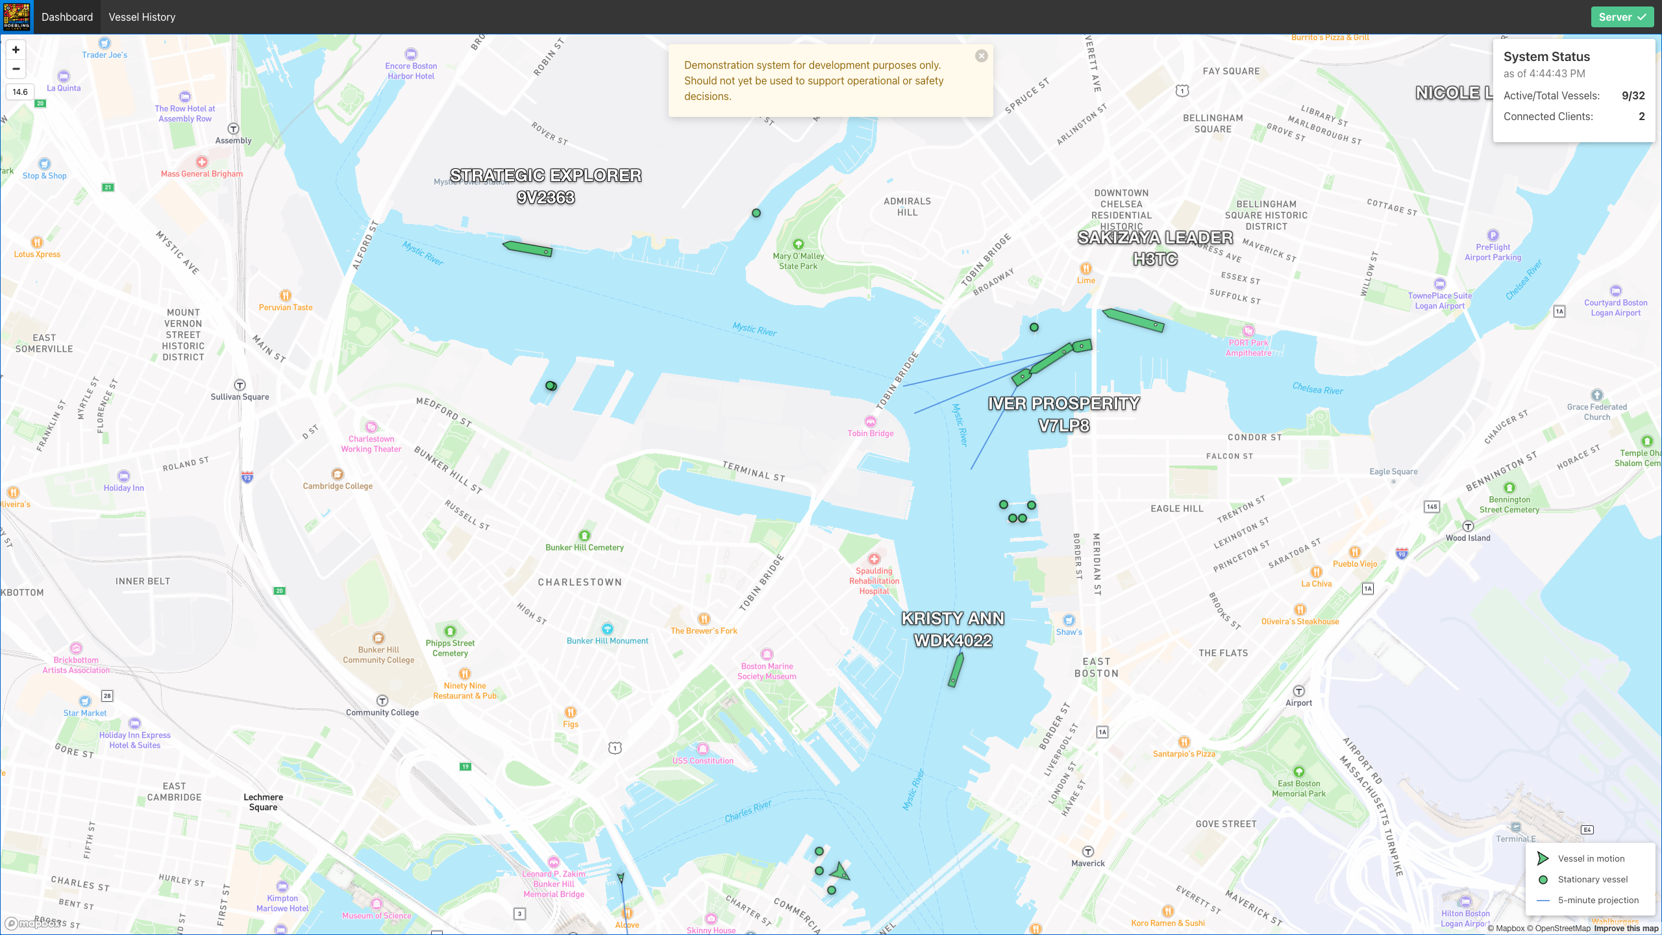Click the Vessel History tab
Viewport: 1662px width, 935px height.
142,17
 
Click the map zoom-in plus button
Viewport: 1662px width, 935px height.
16,50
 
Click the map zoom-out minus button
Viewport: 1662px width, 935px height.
16,69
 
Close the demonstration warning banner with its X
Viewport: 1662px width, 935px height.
981,56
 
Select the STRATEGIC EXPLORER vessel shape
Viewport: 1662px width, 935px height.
528,249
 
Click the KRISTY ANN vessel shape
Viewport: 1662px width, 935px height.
956,669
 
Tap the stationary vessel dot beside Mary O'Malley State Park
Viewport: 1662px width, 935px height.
756,213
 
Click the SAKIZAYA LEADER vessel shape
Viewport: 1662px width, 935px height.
1133,319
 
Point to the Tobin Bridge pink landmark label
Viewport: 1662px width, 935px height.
870,433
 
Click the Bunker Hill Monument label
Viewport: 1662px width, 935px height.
607,640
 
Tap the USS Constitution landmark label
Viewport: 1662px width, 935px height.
702,760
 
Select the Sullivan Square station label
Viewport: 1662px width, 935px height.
240,397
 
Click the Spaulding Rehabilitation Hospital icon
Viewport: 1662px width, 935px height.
874,559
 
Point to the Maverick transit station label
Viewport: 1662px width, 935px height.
1087,863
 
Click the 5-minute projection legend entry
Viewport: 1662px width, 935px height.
1598,900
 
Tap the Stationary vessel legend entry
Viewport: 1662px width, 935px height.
1592,879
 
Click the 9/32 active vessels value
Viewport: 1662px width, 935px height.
1633,95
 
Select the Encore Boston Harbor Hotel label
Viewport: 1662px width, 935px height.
411,71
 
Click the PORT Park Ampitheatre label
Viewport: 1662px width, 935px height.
1248,347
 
